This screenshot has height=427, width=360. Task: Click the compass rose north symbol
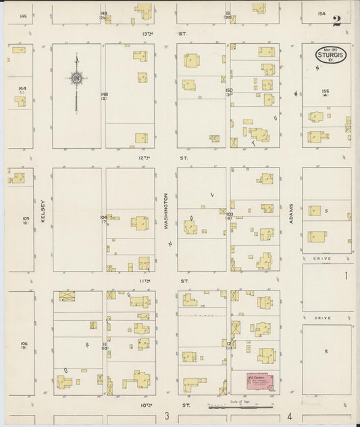(x=76, y=78)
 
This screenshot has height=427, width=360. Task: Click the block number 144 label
(x=22, y=89)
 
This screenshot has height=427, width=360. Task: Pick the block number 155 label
(x=326, y=91)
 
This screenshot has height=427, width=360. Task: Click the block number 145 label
(x=24, y=15)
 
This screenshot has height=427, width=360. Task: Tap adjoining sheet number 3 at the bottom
(x=166, y=416)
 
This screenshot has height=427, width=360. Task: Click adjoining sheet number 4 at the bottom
(x=289, y=416)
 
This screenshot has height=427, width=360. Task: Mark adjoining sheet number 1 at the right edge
(x=345, y=276)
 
